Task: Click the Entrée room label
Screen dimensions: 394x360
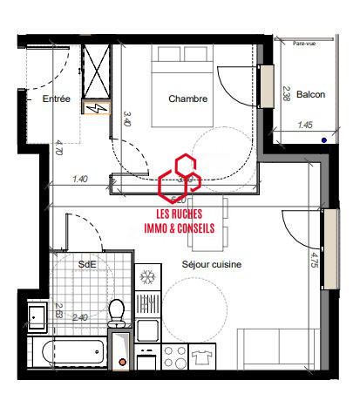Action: click(x=57, y=100)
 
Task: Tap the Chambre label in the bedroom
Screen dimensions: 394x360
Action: click(x=189, y=99)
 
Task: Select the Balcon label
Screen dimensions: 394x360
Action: click(x=310, y=94)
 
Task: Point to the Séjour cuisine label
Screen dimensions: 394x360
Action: click(x=212, y=263)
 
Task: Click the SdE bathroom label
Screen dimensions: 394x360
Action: click(x=87, y=263)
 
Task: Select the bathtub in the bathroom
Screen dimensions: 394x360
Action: click(x=70, y=354)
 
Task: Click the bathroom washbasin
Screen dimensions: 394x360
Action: click(x=37, y=317)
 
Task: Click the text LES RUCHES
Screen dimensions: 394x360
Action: click(x=180, y=213)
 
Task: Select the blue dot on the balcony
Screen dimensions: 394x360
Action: click(x=323, y=139)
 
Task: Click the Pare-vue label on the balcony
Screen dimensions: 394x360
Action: click(x=305, y=43)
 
